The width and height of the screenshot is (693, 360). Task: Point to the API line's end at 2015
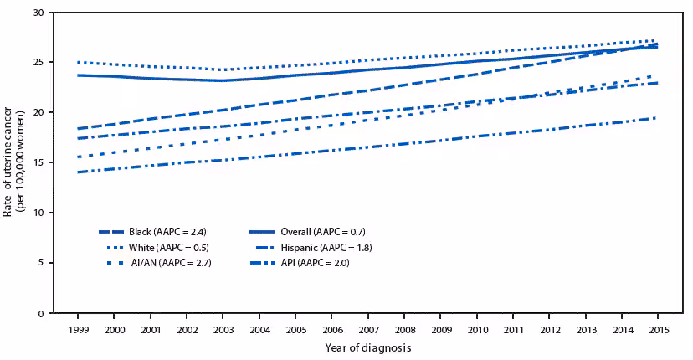656,118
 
